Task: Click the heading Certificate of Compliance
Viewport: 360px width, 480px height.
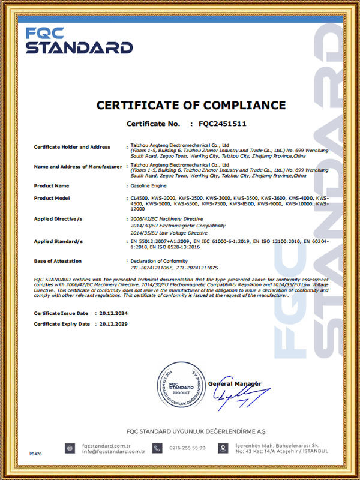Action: click(x=191, y=105)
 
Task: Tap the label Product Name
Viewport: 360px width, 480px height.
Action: click(x=52, y=185)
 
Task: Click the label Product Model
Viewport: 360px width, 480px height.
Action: click(x=52, y=197)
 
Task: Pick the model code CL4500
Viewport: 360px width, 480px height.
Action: click(x=139, y=197)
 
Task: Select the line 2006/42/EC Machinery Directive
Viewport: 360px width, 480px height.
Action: click(x=167, y=219)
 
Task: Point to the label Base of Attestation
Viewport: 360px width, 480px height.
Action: click(x=56, y=261)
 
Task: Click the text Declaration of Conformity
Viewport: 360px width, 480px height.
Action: click(x=159, y=261)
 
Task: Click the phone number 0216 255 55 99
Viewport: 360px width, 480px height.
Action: click(x=187, y=448)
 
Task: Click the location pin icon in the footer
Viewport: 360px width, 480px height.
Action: click(x=223, y=448)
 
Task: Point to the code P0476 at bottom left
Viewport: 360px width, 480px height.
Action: click(x=35, y=454)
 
